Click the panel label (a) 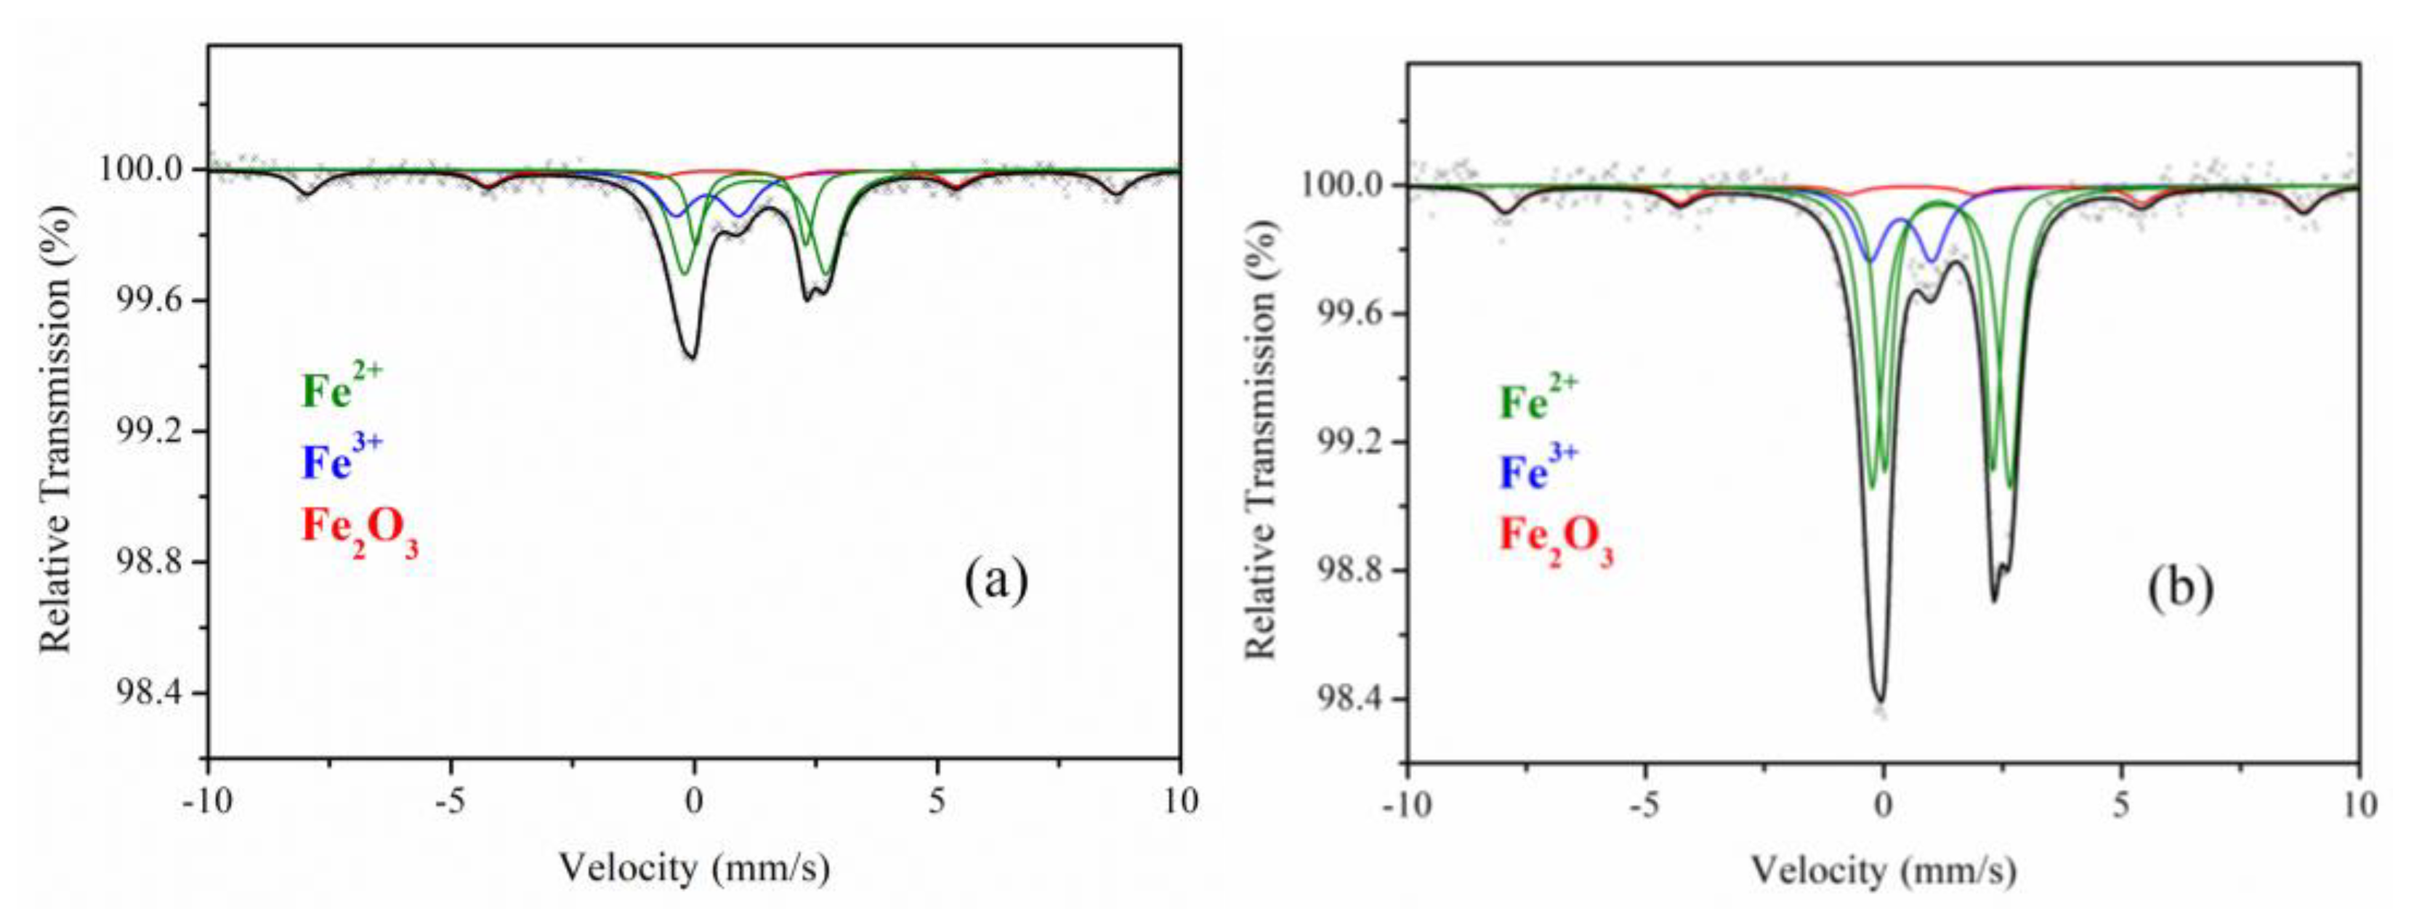tap(996, 582)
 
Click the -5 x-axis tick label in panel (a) tap(450, 802)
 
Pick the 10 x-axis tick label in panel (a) tap(1180, 802)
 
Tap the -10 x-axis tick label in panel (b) tap(1407, 806)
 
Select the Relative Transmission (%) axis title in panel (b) tap(1263, 440)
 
